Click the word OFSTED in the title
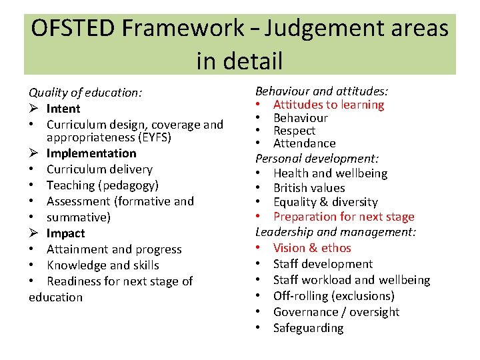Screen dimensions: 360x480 click(x=74, y=28)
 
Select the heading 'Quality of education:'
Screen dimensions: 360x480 click(x=85, y=93)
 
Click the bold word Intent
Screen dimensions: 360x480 click(x=63, y=109)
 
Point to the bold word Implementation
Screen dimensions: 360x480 click(x=91, y=153)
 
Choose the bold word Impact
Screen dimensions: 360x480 click(x=65, y=233)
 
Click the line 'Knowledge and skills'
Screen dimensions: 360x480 click(x=103, y=265)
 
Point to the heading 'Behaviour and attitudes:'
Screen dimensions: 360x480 click(x=322, y=91)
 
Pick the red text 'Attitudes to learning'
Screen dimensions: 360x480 click(x=329, y=105)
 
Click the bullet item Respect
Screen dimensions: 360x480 click(x=294, y=131)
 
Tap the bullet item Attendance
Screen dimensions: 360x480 click(x=304, y=143)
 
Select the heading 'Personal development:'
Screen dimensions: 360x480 click(x=317, y=159)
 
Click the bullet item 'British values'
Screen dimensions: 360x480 click(x=309, y=188)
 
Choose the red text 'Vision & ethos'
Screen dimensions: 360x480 click(x=312, y=248)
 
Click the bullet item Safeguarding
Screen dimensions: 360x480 click(x=308, y=328)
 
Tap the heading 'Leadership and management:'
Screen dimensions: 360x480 click(x=336, y=232)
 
